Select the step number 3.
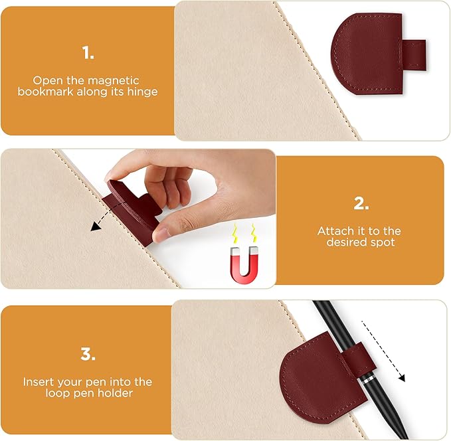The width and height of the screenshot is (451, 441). pyautogui.click(x=88, y=354)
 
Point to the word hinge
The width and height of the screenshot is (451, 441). pyautogui.click(x=142, y=92)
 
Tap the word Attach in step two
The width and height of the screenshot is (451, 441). pyautogui.click(x=333, y=231)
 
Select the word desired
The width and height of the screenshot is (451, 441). pyautogui.click(x=345, y=243)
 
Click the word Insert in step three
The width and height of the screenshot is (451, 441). pyautogui.click(x=38, y=382)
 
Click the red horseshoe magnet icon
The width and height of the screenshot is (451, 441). pyautogui.click(x=243, y=265)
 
